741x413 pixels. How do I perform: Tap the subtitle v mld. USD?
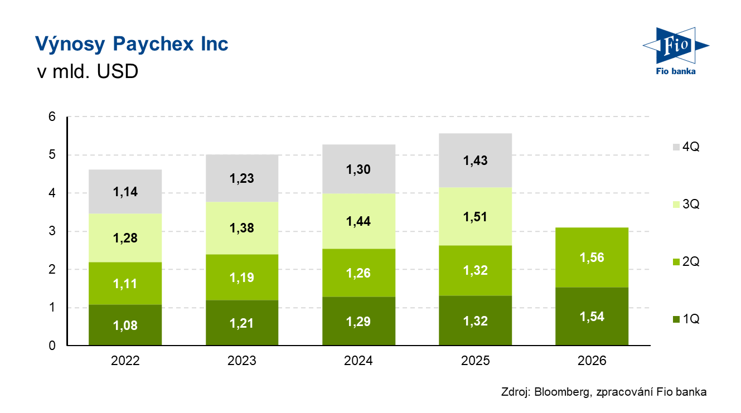tap(86, 72)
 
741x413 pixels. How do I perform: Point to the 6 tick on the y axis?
tap(52, 117)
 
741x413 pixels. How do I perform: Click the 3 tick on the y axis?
tap(52, 231)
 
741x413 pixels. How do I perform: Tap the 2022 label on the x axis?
tap(125, 361)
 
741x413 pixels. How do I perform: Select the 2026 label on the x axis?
tap(592, 361)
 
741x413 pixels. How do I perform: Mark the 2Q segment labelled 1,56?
tap(592, 257)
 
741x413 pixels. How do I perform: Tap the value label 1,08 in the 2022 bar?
tap(125, 326)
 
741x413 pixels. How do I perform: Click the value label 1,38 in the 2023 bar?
tap(242, 227)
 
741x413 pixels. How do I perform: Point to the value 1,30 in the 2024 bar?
tap(359, 169)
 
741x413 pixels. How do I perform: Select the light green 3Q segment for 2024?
tap(359, 234)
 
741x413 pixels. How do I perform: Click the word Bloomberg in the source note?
tap(560, 392)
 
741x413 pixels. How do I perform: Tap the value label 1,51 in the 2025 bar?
tap(476, 216)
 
